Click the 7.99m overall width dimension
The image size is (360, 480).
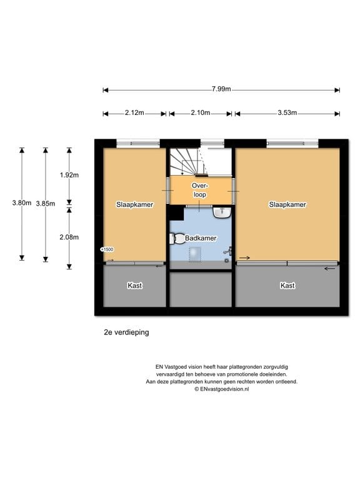pyautogui.click(x=221, y=89)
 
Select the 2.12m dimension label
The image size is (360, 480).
pyautogui.click(x=134, y=112)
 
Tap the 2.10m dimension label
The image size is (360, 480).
pyautogui.click(x=201, y=112)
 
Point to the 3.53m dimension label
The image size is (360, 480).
pyautogui.click(x=287, y=112)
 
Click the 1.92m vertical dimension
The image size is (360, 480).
pyautogui.click(x=69, y=175)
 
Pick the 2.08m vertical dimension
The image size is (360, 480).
pyautogui.click(x=69, y=237)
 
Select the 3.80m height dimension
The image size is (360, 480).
pyautogui.click(x=22, y=202)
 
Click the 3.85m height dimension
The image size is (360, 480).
pyautogui.click(x=46, y=203)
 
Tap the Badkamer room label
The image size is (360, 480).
pyautogui.click(x=201, y=238)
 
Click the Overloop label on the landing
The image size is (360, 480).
pyautogui.click(x=199, y=190)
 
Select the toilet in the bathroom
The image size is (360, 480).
pyautogui.click(x=177, y=239)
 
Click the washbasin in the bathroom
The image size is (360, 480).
pyautogui.click(x=222, y=212)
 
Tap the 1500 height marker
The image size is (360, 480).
pyautogui.click(x=107, y=249)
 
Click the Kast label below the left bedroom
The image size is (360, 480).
pyautogui.click(x=135, y=285)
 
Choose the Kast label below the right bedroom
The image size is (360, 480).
pyautogui.click(x=287, y=285)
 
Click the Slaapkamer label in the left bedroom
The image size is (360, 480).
pyautogui.click(x=135, y=204)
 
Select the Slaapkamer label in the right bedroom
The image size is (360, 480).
pyautogui.click(x=287, y=204)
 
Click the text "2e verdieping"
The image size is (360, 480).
pyautogui.click(x=126, y=332)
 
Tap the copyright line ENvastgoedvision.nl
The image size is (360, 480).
pyautogui.click(x=222, y=389)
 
